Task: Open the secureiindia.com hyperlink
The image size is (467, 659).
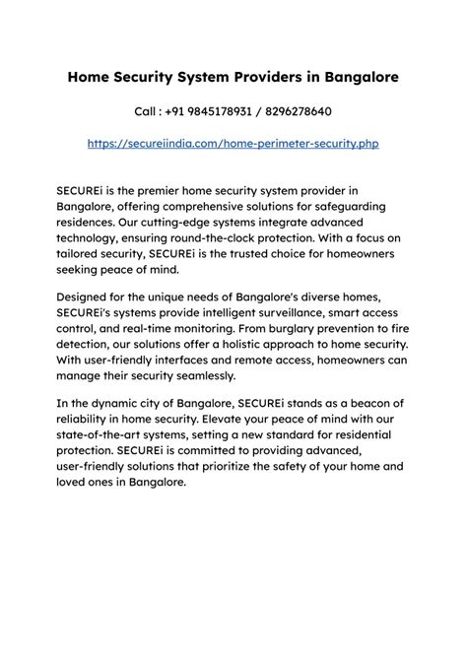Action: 233,143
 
